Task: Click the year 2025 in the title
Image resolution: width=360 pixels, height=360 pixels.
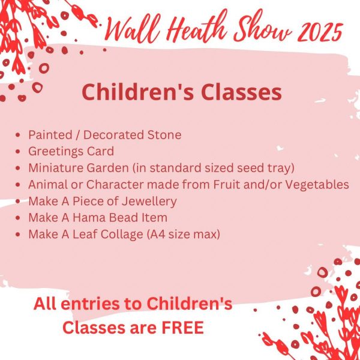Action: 320,32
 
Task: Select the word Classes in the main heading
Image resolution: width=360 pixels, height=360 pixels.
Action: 241,92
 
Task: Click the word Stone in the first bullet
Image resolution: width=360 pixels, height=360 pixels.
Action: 164,134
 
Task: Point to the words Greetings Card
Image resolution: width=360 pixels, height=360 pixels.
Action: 71,152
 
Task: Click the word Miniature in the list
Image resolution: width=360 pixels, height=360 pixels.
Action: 56,167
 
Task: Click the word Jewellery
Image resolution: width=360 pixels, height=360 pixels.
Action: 149,202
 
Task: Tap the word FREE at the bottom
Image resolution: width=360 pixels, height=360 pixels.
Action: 183,328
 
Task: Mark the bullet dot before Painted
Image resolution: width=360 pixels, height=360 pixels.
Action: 18,135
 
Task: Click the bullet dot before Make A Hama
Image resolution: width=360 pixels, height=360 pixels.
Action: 18,218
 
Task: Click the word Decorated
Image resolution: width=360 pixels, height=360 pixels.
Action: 114,134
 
